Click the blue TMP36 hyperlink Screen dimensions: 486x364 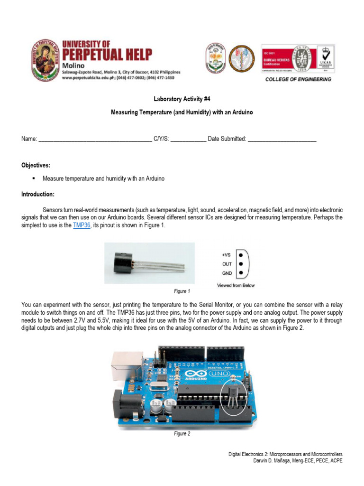point(82,225)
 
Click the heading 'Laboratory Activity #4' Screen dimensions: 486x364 point(182,99)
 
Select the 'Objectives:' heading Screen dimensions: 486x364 point(36,165)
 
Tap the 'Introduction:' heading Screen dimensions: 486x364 point(37,195)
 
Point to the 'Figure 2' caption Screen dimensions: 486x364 point(182,434)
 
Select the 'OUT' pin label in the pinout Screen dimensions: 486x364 point(227,264)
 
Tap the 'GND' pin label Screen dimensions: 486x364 point(227,273)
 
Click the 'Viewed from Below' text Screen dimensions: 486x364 point(236,285)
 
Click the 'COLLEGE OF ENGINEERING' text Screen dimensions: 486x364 point(298,79)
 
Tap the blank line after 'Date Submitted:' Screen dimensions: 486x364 point(282,139)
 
